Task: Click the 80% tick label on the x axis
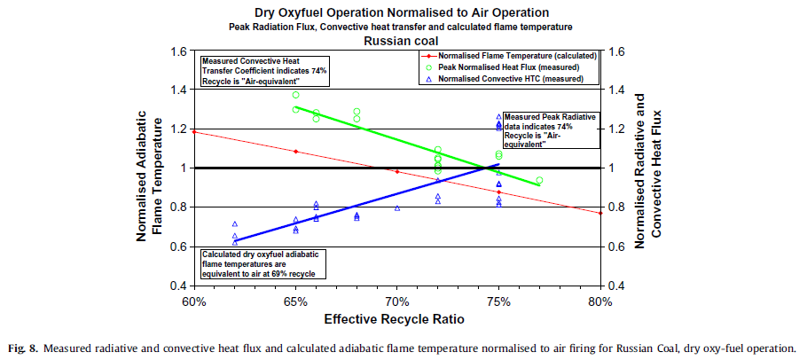point(600,301)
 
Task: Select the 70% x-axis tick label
point(397,301)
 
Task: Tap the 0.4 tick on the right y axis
point(617,286)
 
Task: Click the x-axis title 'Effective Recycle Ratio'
point(396,318)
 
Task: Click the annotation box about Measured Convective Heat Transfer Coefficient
point(264,70)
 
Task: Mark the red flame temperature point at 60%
point(194,132)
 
